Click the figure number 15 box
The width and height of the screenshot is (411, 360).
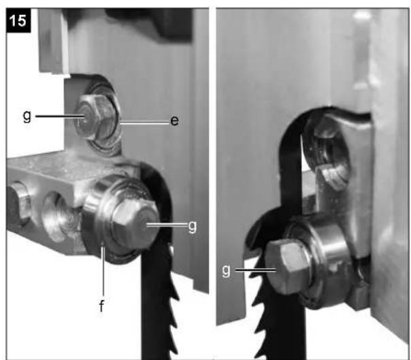pyautogui.click(x=18, y=20)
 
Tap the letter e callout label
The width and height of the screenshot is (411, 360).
pyautogui.click(x=175, y=120)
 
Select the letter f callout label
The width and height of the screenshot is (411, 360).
pyautogui.click(x=101, y=306)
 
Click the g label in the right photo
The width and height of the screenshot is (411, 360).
pyautogui.click(x=226, y=271)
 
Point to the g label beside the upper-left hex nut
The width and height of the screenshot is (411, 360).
pyautogui.click(x=27, y=116)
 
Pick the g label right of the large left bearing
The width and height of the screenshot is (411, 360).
pyautogui.click(x=192, y=227)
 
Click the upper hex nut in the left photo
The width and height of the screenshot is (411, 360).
pyautogui.click(x=94, y=117)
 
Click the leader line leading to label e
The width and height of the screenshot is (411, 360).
pyautogui.click(x=145, y=122)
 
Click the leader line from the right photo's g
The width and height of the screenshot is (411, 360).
pyautogui.click(x=256, y=270)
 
